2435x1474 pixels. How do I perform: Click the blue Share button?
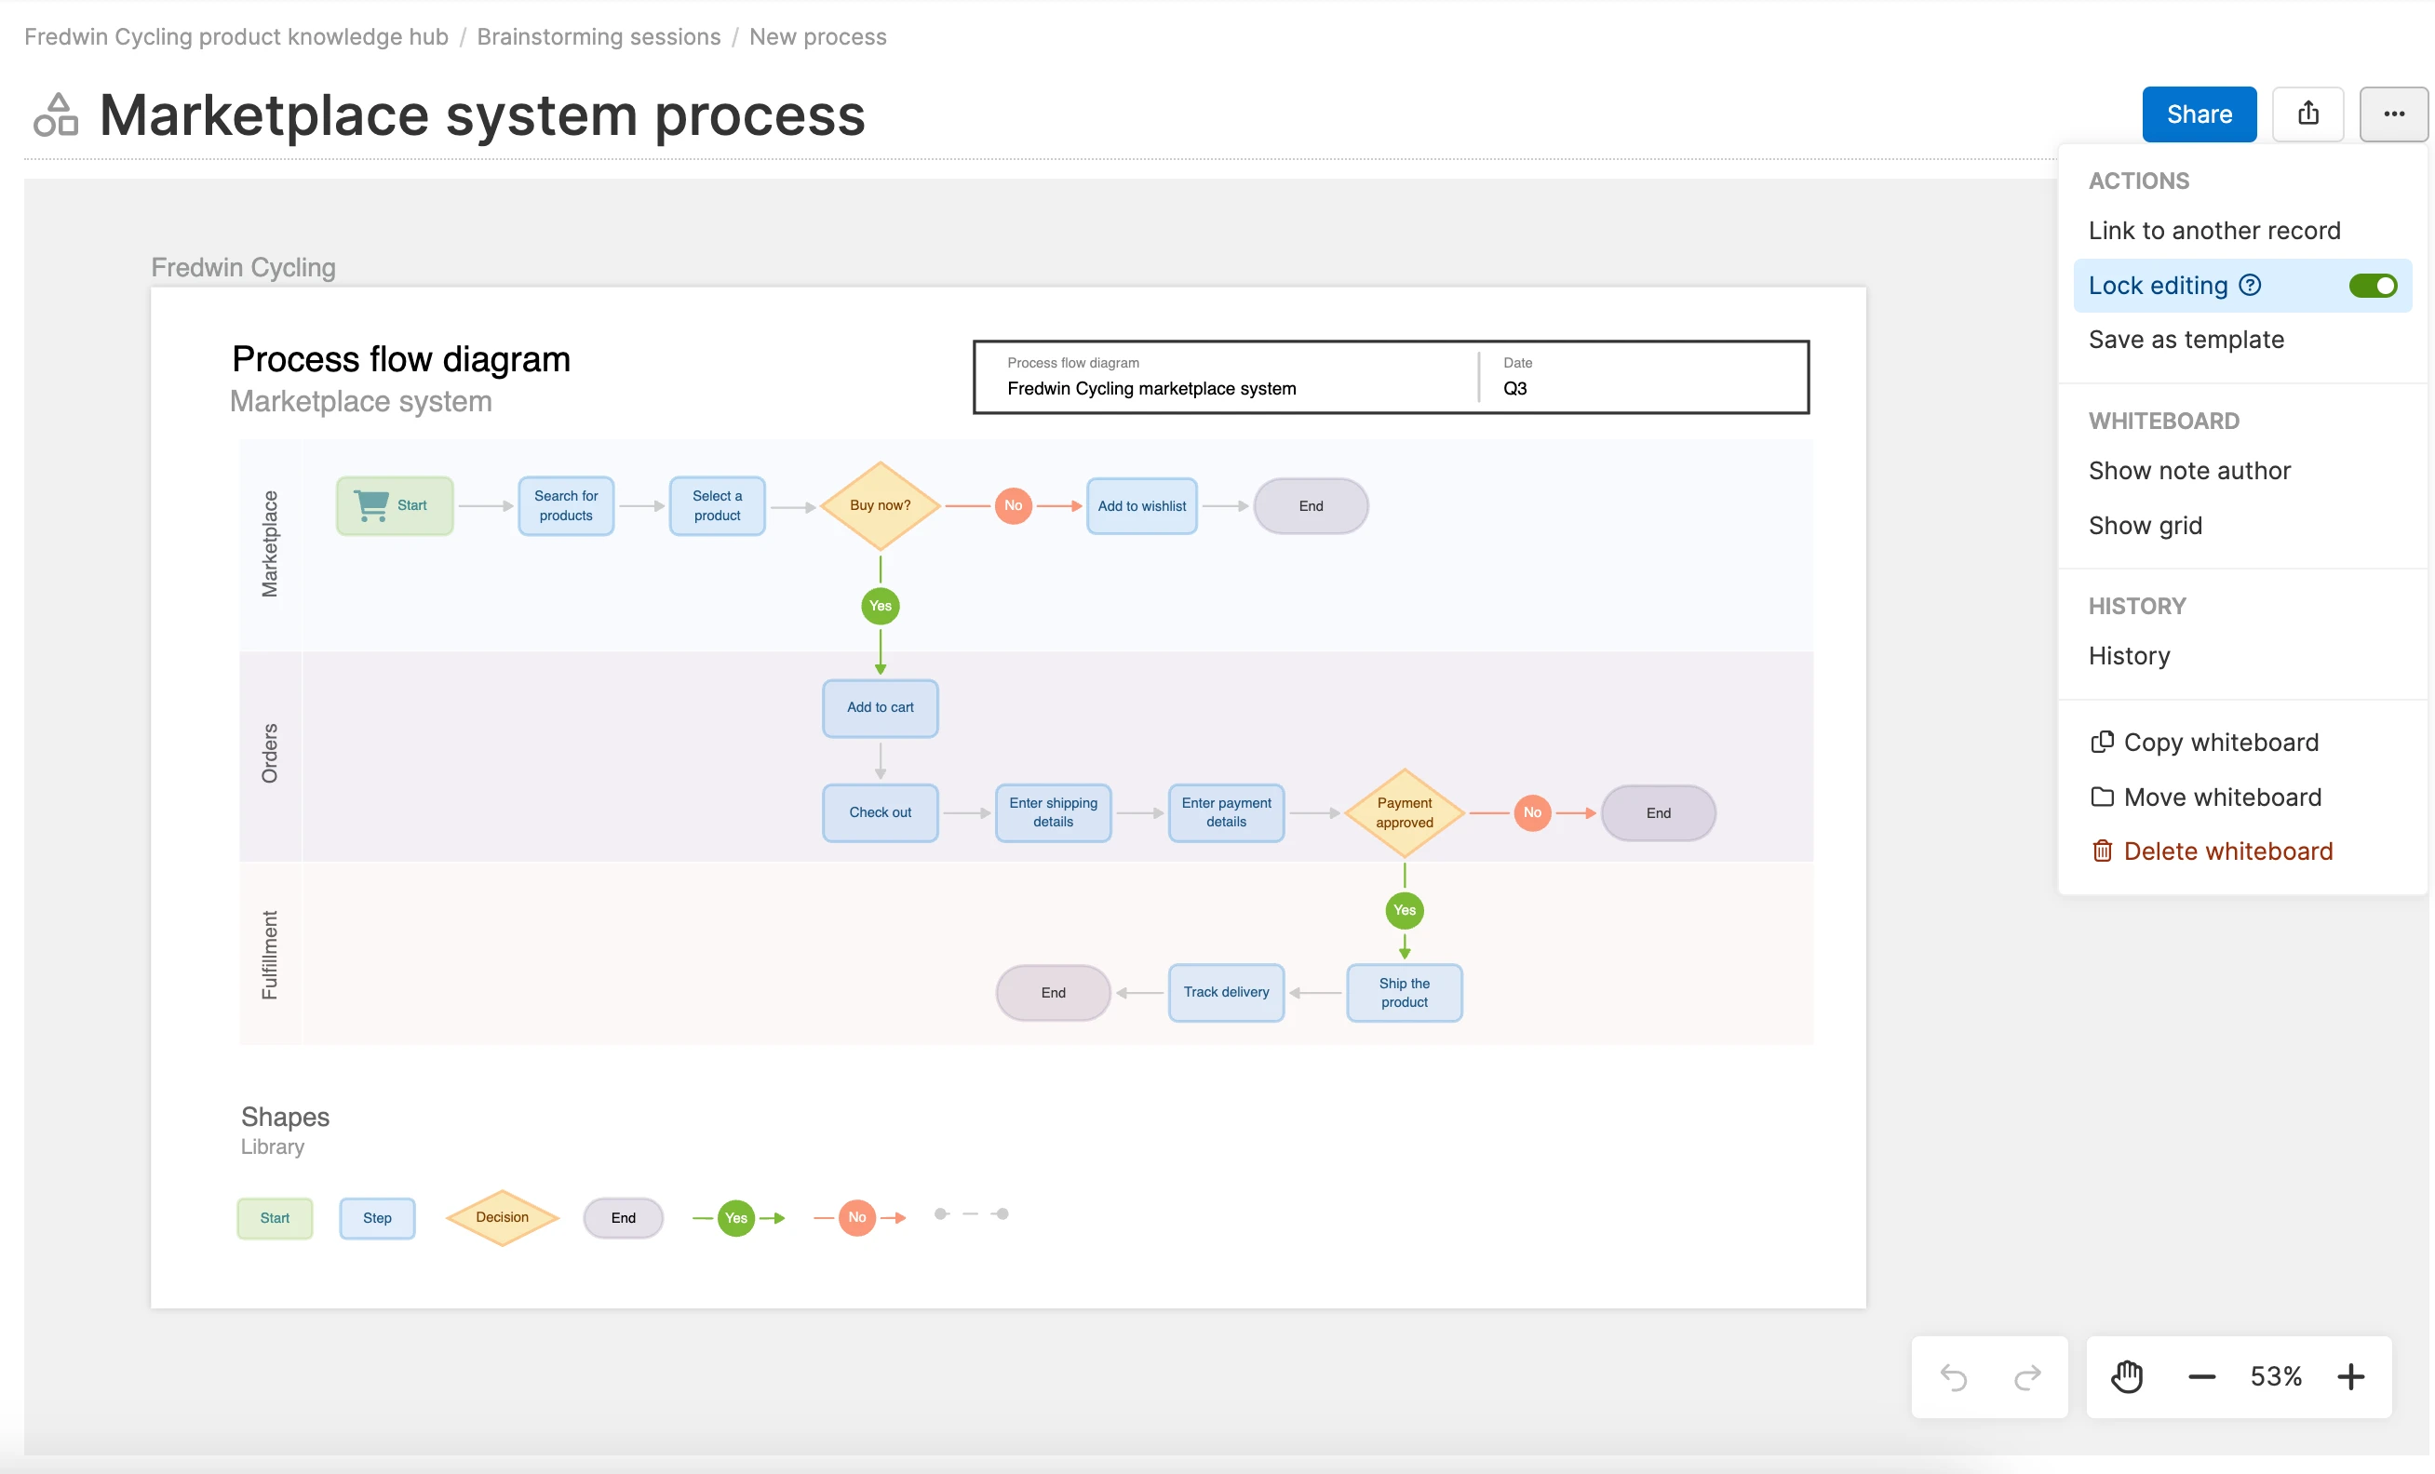[x=2198, y=114]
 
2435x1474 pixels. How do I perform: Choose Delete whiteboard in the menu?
[x=2226, y=851]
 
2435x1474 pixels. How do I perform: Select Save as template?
[x=2185, y=340]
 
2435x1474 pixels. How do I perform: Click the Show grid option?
[x=2145, y=526]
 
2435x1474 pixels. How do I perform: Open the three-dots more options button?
[x=2392, y=114]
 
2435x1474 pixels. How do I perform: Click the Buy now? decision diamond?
[x=880, y=506]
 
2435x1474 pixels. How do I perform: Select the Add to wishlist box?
[x=1141, y=506]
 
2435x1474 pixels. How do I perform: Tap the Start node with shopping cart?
[x=395, y=506]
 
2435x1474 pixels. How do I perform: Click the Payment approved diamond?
[x=1404, y=812]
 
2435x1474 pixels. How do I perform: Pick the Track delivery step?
[x=1225, y=992]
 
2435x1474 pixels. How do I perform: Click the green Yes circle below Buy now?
[x=880, y=606]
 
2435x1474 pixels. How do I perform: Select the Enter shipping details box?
[x=1053, y=812]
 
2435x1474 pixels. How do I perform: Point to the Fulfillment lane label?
[x=269, y=955]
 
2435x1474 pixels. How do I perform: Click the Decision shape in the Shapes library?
[x=502, y=1217]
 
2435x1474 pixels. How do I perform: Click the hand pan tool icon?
[x=2127, y=1376]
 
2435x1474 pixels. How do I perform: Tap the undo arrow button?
[x=1953, y=1376]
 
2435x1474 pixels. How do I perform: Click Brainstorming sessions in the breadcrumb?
[x=598, y=36]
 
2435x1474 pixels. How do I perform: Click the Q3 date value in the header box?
[x=1514, y=388]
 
